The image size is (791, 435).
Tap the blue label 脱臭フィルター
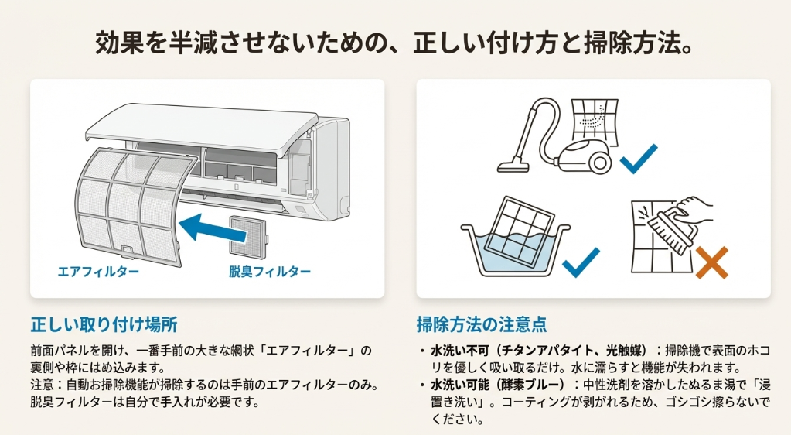point(270,272)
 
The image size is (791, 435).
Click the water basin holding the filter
point(513,252)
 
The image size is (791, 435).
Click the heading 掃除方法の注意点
point(482,322)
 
